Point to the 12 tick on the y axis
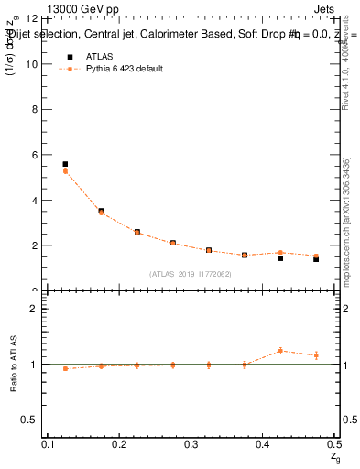click(32, 19)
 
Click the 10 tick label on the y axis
click(32, 64)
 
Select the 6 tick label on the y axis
click(35, 155)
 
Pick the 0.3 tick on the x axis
click(191, 444)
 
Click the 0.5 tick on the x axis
click(333, 444)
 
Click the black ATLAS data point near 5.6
click(65, 164)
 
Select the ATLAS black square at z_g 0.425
click(280, 258)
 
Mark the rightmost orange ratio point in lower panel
click(316, 355)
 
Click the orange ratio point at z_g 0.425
click(280, 351)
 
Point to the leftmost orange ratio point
click(65, 368)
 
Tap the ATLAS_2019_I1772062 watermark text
click(191, 274)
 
